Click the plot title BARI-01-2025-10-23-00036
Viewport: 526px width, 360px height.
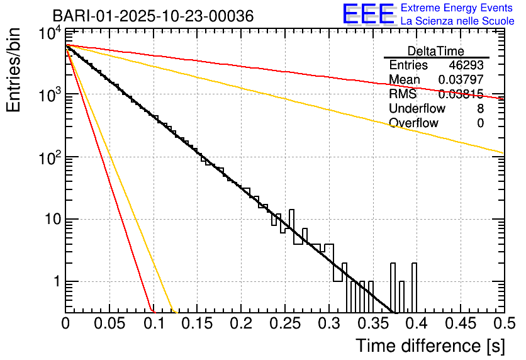point(153,16)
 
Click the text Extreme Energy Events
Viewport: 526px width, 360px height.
point(457,8)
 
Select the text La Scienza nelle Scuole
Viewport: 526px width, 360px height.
point(457,21)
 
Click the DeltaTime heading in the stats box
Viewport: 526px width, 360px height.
point(436,51)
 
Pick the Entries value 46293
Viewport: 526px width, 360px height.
point(466,65)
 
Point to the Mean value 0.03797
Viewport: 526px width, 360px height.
point(461,80)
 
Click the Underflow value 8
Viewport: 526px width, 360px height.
point(480,108)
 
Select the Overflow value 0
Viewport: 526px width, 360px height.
point(480,123)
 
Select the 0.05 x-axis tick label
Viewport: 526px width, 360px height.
point(109,323)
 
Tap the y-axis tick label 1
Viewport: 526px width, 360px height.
point(55,281)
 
